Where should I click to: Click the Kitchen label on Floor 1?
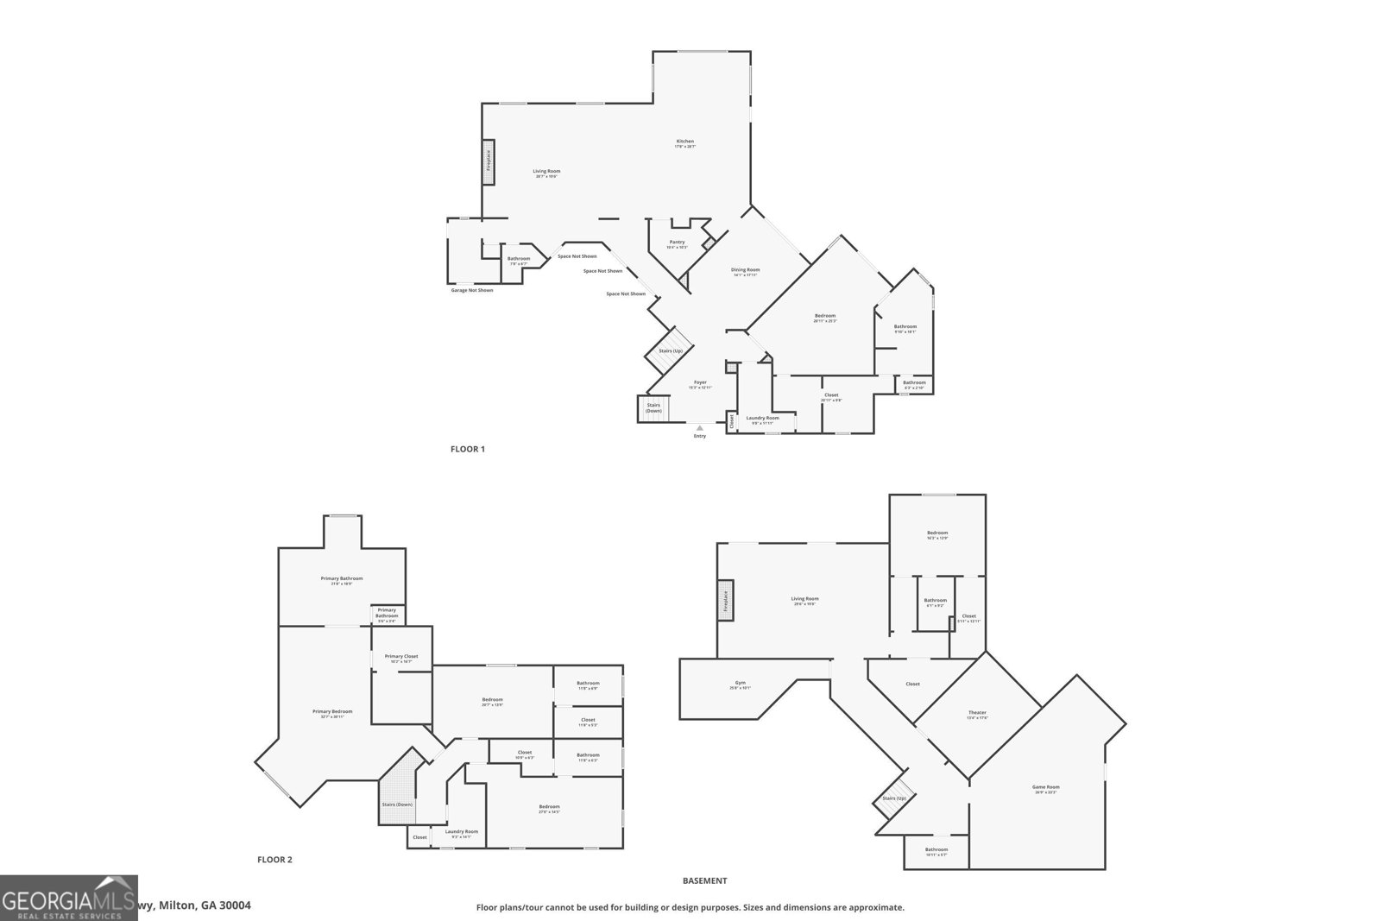(684, 142)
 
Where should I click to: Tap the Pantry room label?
(677, 243)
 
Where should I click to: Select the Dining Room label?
(745, 270)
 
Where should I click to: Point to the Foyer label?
(700, 382)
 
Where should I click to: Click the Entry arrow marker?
(699, 427)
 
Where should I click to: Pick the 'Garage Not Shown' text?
(472, 290)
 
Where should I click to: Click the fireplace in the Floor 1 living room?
(488, 161)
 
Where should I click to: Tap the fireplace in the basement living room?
(726, 599)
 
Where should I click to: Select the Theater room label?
(977, 713)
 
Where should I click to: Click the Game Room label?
(1045, 786)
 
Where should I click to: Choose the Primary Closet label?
(401, 656)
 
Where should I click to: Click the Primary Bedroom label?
(332, 711)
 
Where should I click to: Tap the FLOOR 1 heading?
(468, 449)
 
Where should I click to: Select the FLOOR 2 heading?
(274, 860)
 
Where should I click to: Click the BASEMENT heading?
(704, 881)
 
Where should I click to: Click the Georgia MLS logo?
(68, 898)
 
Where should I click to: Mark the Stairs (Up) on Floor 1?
(671, 350)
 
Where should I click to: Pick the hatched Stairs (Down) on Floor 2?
(398, 790)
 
